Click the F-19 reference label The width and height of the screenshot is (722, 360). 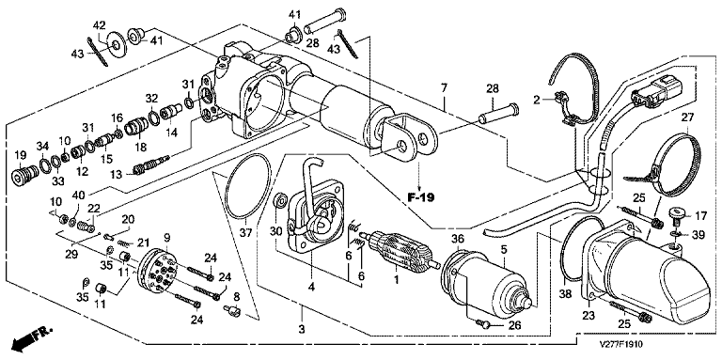tap(421, 197)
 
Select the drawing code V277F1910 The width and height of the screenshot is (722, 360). tap(621, 344)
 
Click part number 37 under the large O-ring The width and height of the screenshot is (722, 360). tap(246, 233)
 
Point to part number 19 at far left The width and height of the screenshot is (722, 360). tap(21, 154)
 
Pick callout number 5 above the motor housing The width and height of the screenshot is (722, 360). tap(504, 250)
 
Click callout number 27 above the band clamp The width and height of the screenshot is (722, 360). tap(687, 117)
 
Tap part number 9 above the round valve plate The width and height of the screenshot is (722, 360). tap(167, 238)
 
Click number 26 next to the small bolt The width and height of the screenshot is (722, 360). tap(514, 326)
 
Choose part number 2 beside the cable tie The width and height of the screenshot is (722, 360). tap(536, 100)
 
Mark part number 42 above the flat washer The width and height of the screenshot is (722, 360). tap(100, 25)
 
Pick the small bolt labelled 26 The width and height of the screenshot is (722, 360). tap(483, 324)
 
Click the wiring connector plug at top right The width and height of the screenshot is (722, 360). tap(650, 91)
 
